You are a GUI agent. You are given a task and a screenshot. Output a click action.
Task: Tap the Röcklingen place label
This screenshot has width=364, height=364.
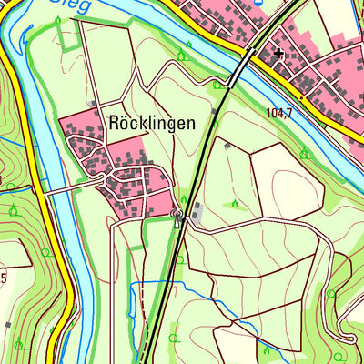pos(151,122)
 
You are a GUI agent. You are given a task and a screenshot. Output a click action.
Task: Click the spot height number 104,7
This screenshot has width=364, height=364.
pos(282,113)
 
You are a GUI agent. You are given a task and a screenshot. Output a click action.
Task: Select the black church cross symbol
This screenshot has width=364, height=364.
pos(278,54)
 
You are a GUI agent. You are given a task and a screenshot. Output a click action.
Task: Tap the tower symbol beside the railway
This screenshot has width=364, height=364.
pos(177,216)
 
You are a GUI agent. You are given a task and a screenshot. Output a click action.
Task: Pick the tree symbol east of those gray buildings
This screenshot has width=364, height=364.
pos(235,203)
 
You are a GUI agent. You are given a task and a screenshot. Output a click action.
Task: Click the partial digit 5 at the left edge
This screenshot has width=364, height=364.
pos(4,277)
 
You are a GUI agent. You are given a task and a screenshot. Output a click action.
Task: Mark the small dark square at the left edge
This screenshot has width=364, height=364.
pos(6,323)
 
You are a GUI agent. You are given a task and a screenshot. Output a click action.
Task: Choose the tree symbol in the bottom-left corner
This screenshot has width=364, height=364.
pos(18,344)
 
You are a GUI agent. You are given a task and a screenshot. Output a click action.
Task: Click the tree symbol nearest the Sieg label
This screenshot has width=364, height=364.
pos(59,20)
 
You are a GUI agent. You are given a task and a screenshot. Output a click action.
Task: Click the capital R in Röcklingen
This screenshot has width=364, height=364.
pos(114,122)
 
